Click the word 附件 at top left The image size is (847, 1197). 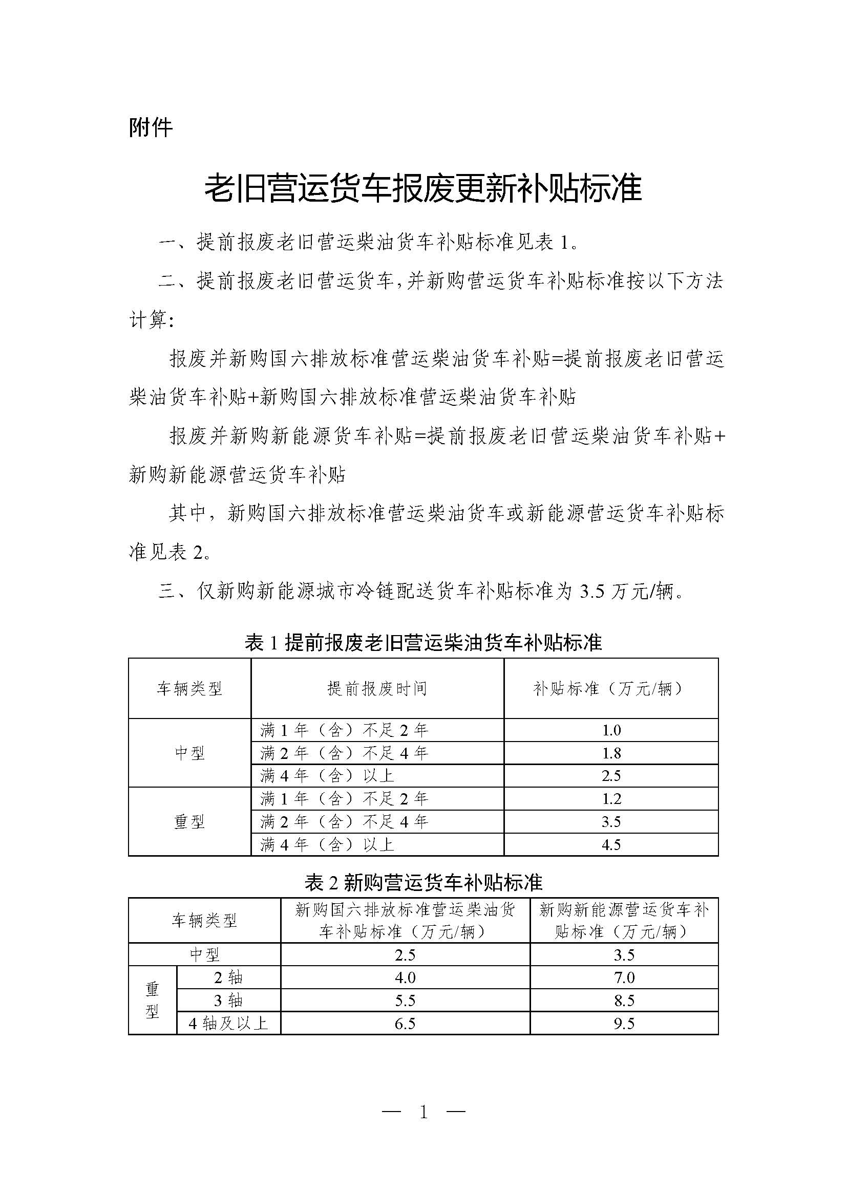pyautogui.click(x=150, y=128)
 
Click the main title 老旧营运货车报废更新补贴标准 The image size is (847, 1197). pyautogui.click(x=423, y=189)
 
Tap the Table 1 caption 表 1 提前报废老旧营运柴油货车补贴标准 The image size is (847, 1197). pyautogui.click(x=423, y=642)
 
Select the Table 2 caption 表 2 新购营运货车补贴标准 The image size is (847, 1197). pyautogui.click(x=423, y=883)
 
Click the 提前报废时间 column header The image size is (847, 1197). pyautogui.click(x=377, y=689)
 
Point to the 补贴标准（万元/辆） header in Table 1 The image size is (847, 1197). pyautogui.click(x=611, y=689)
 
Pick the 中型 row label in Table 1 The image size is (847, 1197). pyautogui.click(x=189, y=753)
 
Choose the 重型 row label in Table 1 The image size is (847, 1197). pyautogui.click(x=189, y=822)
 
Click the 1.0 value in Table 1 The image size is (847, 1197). pyautogui.click(x=611, y=730)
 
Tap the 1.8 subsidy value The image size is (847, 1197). pyautogui.click(x=611, y=753)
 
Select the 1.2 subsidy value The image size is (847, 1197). pyautogui.click(x=611, y=799)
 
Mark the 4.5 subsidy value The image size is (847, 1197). pyautogui.click(x=611, y=844)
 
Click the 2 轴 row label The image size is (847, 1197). pyautogui.click(x=228, y=977)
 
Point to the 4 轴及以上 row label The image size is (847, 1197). pyautogui.click(x=228, y=1024)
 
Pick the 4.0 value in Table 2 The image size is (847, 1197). pyautogui.click(x=405, y=977)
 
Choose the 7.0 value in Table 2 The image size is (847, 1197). pyautogui.click(x=624, y=977)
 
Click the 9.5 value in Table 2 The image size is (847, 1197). pyautogui.click(x=624, y=1024)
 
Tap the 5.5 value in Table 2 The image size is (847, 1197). pyautogui.click(x=405, y=1000)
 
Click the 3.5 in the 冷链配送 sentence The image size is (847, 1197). pyautogui.click(x=591, y=592)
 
